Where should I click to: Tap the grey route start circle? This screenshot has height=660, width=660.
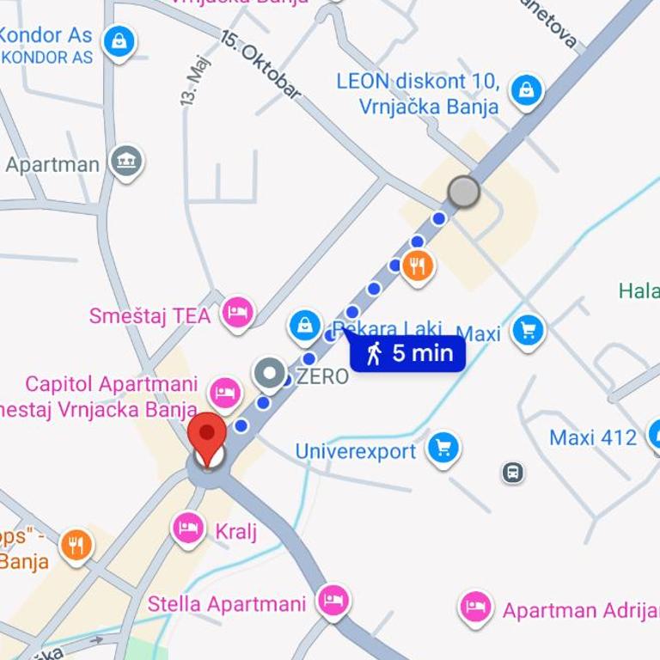click(464, 192)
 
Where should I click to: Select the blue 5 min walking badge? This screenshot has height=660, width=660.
click(407, 353)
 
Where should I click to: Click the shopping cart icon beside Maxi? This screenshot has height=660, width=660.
click(528, 330)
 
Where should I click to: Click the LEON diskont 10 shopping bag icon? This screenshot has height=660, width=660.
click(525, 89)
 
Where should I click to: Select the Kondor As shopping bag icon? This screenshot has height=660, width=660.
click(119, 40)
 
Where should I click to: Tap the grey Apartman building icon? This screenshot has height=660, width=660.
click(126, 160)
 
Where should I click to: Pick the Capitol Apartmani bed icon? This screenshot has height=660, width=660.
click(224, 391)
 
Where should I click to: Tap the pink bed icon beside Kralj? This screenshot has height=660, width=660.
click(188, 528)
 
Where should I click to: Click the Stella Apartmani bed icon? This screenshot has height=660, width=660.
click(333, 601)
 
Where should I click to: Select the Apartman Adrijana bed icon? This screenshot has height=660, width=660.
click(475, 607)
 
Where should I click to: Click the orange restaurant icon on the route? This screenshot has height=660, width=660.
click(418, 265)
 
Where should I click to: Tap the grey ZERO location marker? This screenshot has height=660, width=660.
click(271, 374)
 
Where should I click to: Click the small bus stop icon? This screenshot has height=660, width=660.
click(513, 472)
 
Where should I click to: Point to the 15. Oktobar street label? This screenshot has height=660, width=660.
click(260, 65)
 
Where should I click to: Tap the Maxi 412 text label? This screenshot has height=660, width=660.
click(593, 437)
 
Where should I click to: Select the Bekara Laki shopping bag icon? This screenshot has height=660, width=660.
click(304, 325)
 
